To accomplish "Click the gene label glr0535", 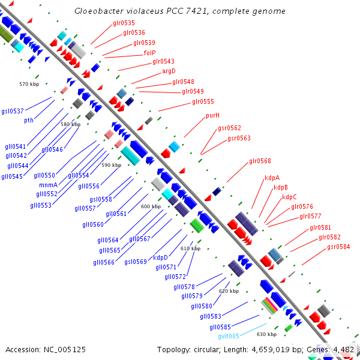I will click(124, 23).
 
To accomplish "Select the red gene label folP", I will click(149, 53).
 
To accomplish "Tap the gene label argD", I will click(169, 71).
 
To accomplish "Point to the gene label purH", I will click(212, 115).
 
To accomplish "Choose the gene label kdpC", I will click(289, 197).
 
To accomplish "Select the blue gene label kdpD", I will click(160, 257).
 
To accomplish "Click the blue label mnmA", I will click(48, 185).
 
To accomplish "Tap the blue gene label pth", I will click(29, 120).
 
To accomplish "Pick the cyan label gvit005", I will click(229, 336).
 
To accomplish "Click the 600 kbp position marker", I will click(151, 206).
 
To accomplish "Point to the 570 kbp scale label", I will click(29, 84).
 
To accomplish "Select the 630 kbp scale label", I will click(266, 334).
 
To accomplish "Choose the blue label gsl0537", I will click(13, 111).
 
